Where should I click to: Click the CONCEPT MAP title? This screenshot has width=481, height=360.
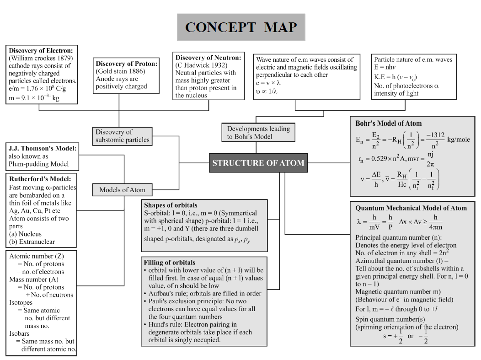click(x=241, y=27)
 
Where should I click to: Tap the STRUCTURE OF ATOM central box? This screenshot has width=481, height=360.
click(x=257, y=163)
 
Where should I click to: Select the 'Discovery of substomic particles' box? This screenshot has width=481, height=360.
click(x=123, y=136)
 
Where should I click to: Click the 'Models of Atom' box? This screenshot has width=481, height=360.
click(x=122, y=190)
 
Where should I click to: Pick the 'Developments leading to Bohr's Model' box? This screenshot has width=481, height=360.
click(x=258, y=133)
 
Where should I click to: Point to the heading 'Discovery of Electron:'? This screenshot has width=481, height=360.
click(x=41, y=50)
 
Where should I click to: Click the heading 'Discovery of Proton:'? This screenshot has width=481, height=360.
click(x=126, y=64)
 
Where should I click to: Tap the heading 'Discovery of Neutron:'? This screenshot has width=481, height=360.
click(x=208, y=58)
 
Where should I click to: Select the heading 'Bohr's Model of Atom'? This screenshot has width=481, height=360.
click(x=389, y=124)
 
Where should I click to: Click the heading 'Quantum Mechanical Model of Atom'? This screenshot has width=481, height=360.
click(x=411, y=208)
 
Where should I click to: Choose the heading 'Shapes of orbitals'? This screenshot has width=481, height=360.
click(x=171, y=205)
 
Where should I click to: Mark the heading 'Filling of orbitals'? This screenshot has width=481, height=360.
click(x=170, y=263)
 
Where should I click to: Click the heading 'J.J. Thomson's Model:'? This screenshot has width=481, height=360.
click(x=42, y=148)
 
